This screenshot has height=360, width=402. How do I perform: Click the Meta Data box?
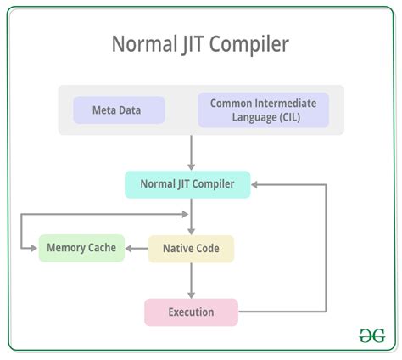[x=118, y=110]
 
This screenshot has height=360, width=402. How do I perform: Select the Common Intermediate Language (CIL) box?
[x=263, y=110]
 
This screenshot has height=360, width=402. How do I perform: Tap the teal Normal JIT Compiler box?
[x=187, y=184]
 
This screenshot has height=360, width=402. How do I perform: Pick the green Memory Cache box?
[x=81, y=248]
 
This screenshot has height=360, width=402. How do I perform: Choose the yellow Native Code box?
[x=191, y=248]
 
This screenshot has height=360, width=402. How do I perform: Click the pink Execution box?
[x=191, y=312]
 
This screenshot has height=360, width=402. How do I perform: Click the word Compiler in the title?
[x=251, y=44]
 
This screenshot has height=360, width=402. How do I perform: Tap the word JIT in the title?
[x=193, y=44]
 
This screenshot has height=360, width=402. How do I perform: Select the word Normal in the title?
[x=143, y=44]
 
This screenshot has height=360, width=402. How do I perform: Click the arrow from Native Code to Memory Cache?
[x=137, y=248]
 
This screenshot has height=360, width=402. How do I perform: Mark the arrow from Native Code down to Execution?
[x=192, y=279]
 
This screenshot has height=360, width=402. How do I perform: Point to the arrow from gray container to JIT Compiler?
[x=192, y=153]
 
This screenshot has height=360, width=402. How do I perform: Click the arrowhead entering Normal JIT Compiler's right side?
[x=256, y=184]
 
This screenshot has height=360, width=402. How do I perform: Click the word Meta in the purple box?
[x=104, y=110]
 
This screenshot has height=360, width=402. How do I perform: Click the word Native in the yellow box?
[x=176, y=248]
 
